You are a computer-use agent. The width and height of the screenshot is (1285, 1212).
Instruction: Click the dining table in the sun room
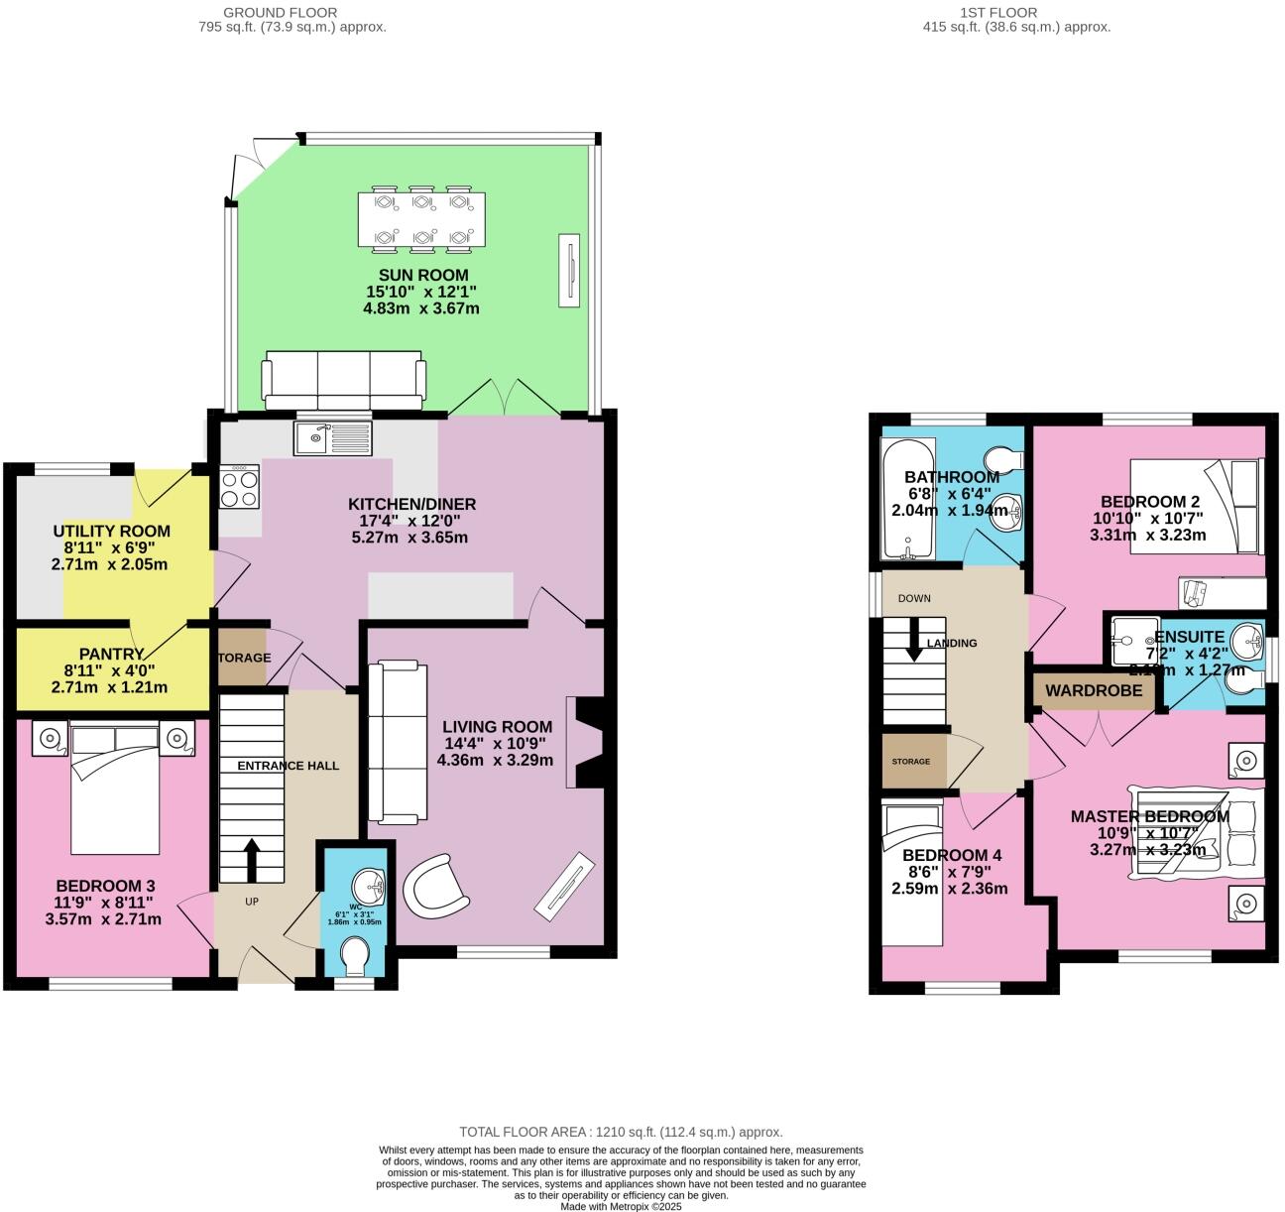[422, 219]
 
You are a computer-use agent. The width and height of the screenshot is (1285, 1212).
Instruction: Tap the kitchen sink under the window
[331, 437]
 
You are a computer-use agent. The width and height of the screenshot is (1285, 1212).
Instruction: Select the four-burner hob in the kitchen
[239, 486]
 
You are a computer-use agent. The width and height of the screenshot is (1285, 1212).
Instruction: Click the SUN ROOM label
[422, 275]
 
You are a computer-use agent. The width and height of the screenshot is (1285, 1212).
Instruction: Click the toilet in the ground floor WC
[354, 959]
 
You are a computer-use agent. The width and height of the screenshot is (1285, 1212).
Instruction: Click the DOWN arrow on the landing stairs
[914, 640]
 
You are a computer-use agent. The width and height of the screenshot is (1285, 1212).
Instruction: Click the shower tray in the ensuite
[1129, 641]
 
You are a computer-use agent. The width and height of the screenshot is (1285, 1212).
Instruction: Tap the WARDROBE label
[1094, 690]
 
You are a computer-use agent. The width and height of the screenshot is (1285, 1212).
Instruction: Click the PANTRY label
[111, 654]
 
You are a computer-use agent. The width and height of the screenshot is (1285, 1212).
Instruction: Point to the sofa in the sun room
[343, 380]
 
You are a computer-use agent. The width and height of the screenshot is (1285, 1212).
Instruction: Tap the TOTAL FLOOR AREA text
[621, 1132]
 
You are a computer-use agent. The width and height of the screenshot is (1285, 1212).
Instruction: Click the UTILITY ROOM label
[111, 531]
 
